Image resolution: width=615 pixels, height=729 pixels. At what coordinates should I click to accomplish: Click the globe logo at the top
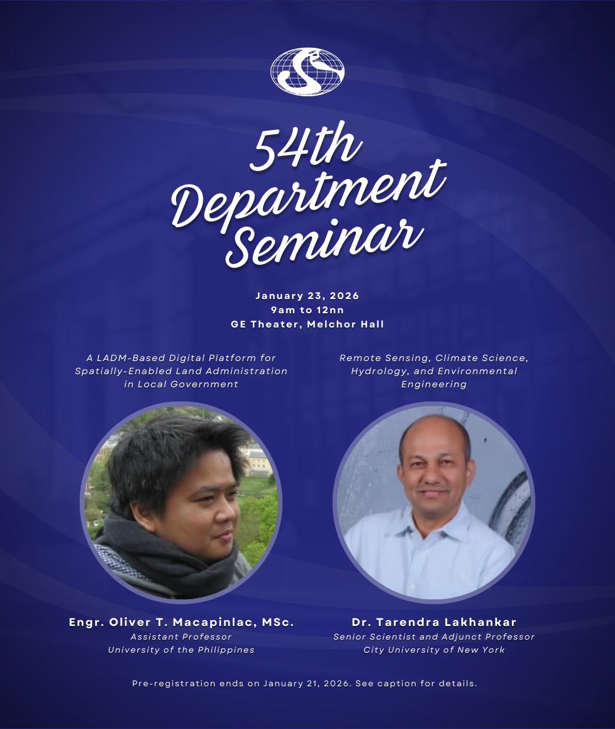[307, 72]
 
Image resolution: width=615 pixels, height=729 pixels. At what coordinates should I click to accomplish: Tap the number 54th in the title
[305, 146]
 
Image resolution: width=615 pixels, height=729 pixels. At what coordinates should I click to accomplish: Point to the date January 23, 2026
[307, 296]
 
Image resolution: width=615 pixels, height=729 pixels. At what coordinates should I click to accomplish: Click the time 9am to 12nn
[307, 310]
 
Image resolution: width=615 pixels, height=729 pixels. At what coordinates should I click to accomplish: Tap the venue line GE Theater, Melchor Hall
[307, 325]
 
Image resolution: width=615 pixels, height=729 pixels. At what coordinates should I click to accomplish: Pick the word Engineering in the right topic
[434, 384]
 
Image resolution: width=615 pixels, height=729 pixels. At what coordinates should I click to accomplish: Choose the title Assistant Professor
[181, 637]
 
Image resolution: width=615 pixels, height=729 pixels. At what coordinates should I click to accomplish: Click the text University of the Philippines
[181, 650]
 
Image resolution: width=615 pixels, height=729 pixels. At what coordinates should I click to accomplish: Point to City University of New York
[434, 650]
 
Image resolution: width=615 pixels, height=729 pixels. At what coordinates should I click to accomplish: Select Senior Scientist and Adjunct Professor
[434, 637]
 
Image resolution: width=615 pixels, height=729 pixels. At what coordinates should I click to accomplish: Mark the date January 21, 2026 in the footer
[306, 683]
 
